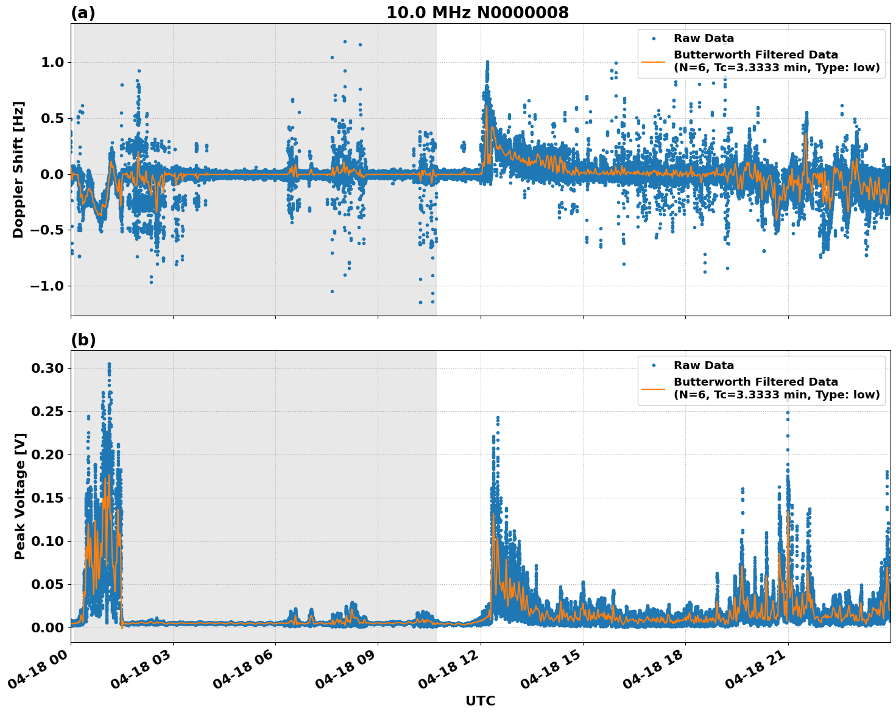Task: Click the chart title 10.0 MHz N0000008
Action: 477,13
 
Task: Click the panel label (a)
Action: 83,13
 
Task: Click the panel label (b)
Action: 83,340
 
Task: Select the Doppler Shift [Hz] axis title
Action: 18,169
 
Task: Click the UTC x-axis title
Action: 480,701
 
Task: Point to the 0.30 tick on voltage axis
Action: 48,368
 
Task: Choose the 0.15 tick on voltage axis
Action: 48,498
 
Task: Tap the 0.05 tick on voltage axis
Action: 48,584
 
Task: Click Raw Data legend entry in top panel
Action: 704,39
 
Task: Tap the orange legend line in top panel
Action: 654,61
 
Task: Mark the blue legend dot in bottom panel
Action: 654,366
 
